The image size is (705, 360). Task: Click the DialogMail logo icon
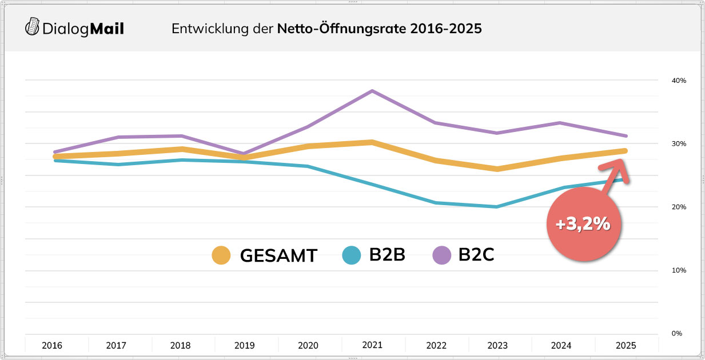pyautogui.click(x=33, y=26)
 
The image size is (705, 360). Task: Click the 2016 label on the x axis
pyautogui.click(x=52, y=346)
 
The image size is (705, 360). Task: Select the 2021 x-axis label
pyautogui.click(x=373, y=345)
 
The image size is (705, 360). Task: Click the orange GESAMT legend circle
pyautogui.click(x=221, y=255)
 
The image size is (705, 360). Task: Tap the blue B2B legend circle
pyautogui.click(x=351, y=255)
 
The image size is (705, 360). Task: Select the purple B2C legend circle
pyautogui.click(x=441, y=255)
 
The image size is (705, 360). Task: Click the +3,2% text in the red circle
pyautogui.click(x=584, y=224)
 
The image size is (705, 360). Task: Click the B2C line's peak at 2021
pyautogui.click(x=372, y=91)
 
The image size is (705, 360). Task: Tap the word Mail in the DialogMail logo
pyautogui.click(x=107, y=28)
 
